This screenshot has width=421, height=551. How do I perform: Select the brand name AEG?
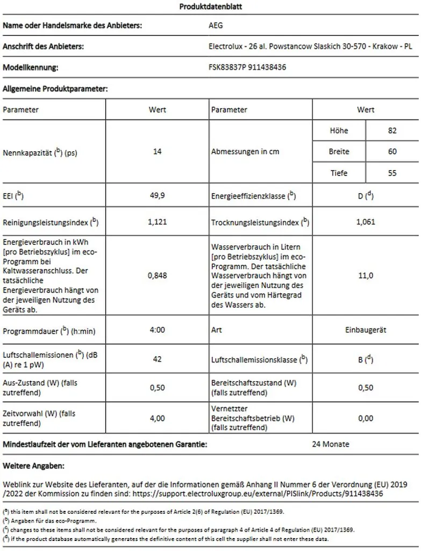coord(216,25)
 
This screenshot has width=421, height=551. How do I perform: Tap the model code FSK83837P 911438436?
coord(247,68)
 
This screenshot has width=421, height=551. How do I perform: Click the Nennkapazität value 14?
coord(157,152)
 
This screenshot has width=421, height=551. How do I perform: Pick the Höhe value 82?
coord(392,130)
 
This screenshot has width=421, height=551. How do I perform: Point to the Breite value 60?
coord(392,152)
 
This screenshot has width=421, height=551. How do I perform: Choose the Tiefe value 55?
coord(392,173)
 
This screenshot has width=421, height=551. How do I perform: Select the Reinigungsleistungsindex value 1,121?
coord(157,222)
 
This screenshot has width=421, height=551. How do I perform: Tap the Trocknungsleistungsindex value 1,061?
coord(366,222)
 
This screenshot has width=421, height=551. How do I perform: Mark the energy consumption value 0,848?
coord(157,275)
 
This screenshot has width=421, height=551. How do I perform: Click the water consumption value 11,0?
coord(366,275)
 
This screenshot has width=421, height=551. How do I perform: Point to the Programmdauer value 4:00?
coord(157,329)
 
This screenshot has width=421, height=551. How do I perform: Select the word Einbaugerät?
coord(366,329)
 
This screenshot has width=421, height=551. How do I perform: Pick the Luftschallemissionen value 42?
coord(157,359)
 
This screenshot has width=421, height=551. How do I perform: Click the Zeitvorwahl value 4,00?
coord(157,418)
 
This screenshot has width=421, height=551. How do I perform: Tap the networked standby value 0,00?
coord(366,418)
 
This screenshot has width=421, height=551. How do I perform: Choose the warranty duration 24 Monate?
coord(331,444)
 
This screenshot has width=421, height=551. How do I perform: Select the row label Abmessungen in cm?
coord(245,152)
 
